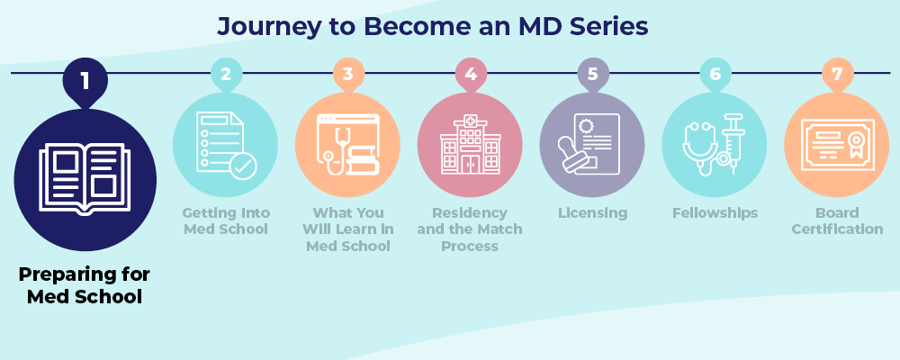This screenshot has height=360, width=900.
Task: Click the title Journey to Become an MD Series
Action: [433, 27]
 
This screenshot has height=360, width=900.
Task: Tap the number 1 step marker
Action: [85, 81]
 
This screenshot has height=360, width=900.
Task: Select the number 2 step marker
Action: [226, 75]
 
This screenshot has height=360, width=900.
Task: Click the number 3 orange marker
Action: [348, 75]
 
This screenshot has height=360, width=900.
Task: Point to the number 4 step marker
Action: [471, 75]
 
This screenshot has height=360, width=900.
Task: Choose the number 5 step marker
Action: [593, 75]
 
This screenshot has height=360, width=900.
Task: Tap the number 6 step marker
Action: [715, 75]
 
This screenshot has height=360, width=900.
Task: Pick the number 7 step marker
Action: [838, 75]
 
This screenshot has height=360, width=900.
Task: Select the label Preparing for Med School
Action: [85, 285]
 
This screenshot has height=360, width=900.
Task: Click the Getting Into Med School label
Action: [226, 221]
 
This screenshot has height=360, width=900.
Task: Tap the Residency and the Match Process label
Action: [471, 229]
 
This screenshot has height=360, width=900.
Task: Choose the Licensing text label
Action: [593, 213]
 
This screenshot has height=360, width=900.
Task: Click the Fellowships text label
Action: [715, 213]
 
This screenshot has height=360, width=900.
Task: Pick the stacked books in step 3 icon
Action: [364, 163]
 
